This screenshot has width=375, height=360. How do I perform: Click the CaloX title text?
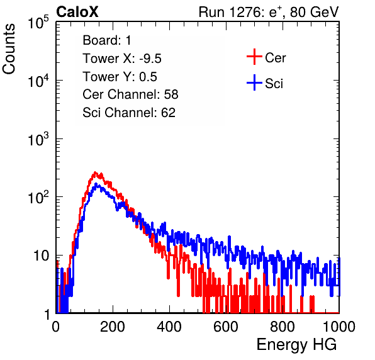(77, 12)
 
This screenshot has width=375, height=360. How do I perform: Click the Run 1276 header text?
(269, 12)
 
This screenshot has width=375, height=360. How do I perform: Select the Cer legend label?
(275, 58)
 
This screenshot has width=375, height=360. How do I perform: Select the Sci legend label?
(274, 84)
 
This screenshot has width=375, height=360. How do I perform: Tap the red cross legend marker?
(254, 57)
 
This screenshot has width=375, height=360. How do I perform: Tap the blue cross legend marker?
(254, 82)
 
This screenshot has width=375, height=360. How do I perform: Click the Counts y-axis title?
(9, 49)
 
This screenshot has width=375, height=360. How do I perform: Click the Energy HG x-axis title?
(296, 345)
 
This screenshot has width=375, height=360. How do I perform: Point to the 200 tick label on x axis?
(113, 327)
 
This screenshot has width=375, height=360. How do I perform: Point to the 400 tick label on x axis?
(169, 327)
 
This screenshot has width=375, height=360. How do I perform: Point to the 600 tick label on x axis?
(226, 327)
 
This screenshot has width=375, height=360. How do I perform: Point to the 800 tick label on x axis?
(283, 327)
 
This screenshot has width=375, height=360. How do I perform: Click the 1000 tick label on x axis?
(339, 327)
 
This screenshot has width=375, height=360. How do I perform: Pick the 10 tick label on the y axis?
(41, 256)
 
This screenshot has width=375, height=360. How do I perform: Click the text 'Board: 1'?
(107, 40)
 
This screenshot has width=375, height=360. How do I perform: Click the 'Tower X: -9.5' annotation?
(122, 59)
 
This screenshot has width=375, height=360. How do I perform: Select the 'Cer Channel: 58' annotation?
(130, 94)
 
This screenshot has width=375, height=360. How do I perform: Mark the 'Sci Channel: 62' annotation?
(129, 113)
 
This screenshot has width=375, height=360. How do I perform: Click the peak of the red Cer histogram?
(95, 172)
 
